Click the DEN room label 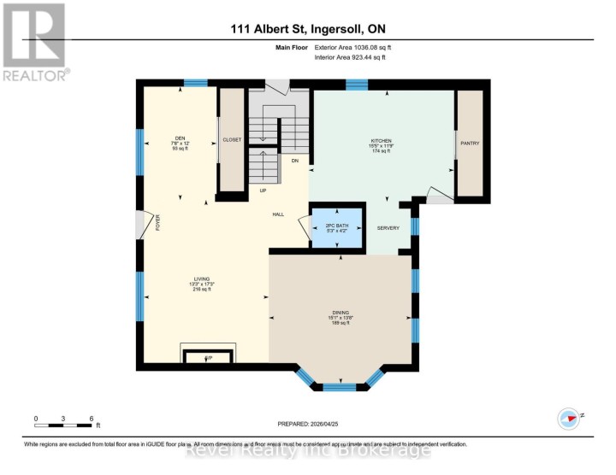coord(180,138)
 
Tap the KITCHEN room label coord(381,139)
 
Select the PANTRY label coord(470,144)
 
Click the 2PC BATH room coord(337,226)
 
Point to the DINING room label coord(341,313)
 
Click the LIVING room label coord(201,279)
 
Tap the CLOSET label coord(232,139)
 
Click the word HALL coord(278,214)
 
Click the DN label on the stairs coord(294,161)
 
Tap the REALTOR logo coord(34,41)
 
